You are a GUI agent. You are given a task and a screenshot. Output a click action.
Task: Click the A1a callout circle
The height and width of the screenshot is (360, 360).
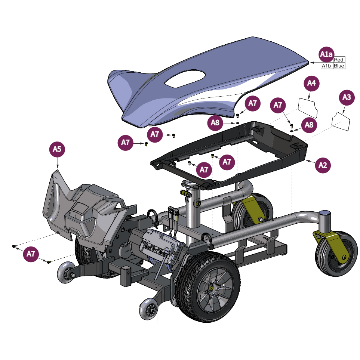coord(326,54)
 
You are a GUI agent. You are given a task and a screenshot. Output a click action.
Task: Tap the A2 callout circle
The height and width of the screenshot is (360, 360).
coord(323,165)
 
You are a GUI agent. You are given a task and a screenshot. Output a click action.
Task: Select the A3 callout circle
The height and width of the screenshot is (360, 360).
coord(347,97)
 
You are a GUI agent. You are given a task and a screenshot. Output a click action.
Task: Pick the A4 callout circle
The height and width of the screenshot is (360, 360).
coord(311,83)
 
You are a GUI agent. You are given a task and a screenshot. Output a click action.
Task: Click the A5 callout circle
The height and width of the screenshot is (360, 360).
coord(57,149)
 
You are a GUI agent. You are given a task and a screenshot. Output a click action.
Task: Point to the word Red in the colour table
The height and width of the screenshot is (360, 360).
coord(339,60)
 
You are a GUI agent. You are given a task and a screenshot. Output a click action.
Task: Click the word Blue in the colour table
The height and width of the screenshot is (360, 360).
coord(339,66)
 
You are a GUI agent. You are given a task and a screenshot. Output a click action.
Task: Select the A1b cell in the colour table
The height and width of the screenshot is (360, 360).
coord(326,66)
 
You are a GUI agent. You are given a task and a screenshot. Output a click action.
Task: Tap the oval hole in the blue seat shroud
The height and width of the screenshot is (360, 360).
coord(185,79)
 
